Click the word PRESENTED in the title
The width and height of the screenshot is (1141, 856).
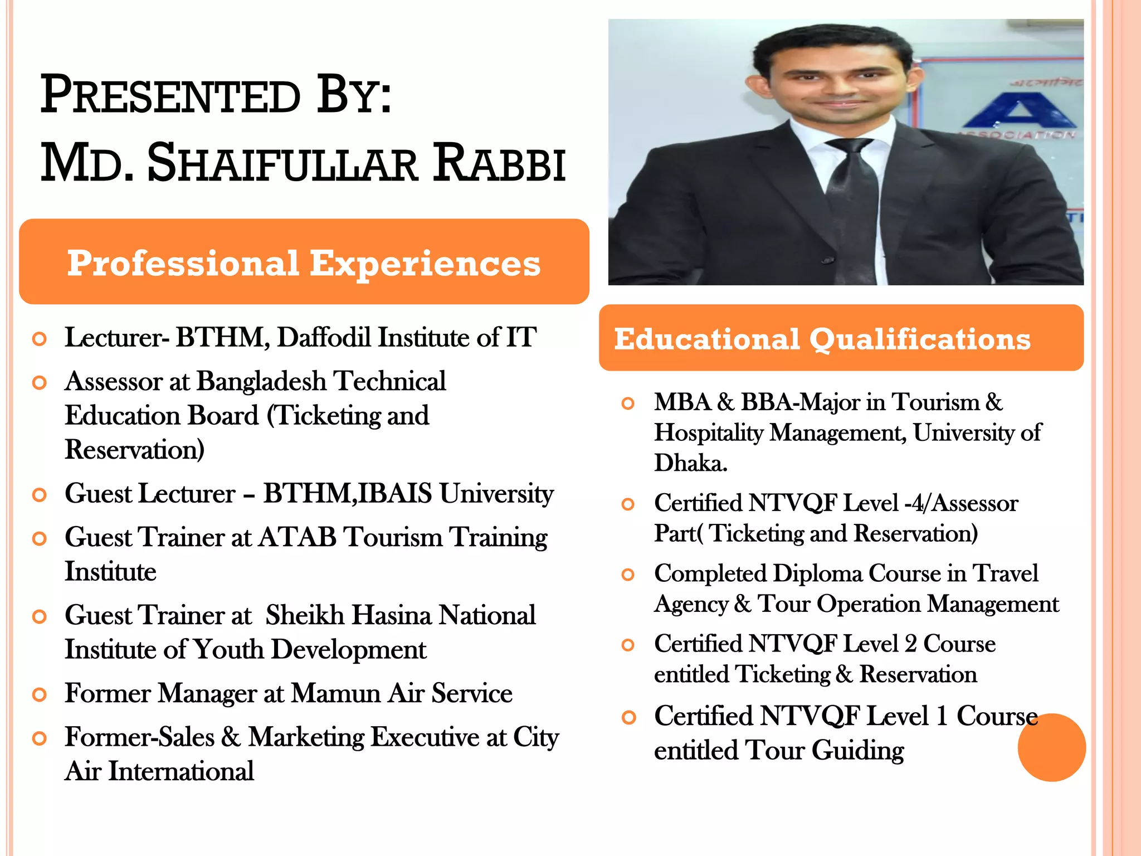(170, 95)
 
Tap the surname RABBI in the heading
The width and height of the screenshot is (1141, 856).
(499, 164)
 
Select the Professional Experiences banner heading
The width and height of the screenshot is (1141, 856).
(304, 262)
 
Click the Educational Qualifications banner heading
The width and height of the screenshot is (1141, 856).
(822, 339)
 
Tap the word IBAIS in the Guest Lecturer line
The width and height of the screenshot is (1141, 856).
(395, 494)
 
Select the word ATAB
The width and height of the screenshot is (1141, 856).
(298, 538)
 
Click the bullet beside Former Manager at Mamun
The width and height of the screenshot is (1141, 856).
(39, 695)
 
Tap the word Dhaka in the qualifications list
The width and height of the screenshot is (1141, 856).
(690, 463)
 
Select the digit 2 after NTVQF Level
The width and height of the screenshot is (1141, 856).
(910, 644)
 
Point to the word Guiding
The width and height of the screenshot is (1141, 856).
(857, 750)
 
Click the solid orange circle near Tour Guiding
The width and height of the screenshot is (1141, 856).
(1051, 747)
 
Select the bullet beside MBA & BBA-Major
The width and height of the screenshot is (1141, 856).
(628, 403)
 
